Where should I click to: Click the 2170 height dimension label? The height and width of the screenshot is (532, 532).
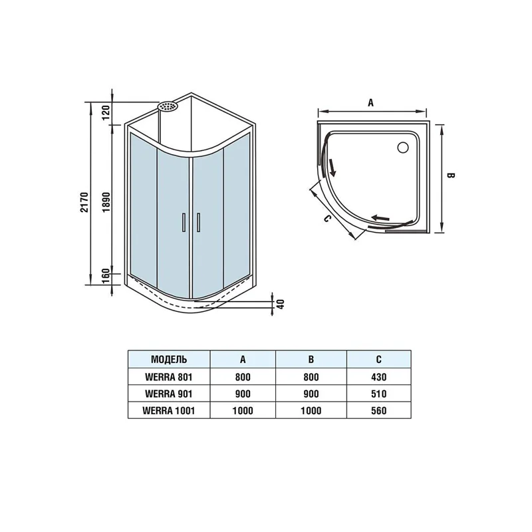tap(84, 202)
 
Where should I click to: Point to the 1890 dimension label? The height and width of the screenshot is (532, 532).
tap(106, 202)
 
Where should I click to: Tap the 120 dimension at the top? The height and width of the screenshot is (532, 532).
tap(106, 112)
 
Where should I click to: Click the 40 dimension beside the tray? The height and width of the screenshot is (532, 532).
tap(281, 304)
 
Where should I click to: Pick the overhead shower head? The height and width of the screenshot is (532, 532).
tap(168, 106)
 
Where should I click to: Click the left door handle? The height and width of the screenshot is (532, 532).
tap(184, 222)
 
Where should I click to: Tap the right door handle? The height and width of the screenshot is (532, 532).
tap(198, 222)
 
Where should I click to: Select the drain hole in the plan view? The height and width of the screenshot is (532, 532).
tap(403, 147)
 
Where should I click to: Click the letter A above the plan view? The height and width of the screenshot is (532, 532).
tap(370, 102)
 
